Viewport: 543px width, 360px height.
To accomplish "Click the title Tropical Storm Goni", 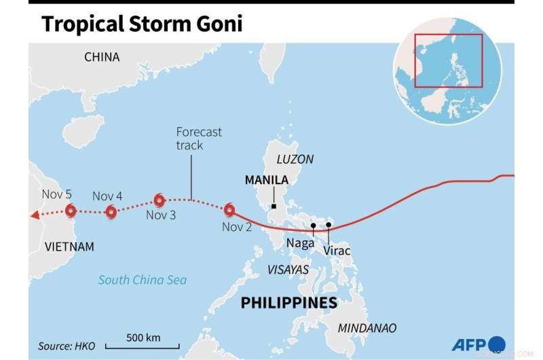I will tap(141, 24).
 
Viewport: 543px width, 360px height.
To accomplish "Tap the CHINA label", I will tap(102, 57).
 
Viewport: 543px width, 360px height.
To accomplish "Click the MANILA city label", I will tap(266, 181).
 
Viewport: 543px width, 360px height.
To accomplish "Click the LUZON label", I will tap(295, 160).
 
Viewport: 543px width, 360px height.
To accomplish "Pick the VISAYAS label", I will tap(288, 270).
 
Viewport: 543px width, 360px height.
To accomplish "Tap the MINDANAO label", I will tap(369, 328).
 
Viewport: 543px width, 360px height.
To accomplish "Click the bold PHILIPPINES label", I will tap(289, 302).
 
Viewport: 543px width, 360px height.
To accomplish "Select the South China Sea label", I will tap(142, 279).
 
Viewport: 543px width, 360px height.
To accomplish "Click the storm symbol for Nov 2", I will tap(229, 210).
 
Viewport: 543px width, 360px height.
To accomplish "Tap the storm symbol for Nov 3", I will tap(159, 200).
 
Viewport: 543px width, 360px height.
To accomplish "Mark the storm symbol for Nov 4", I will tap(111, 212).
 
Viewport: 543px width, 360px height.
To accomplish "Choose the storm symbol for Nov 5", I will tap(69, 211).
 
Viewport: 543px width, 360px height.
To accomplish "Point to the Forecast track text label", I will tap(199, 139).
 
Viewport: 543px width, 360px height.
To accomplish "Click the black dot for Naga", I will tap(314, 226).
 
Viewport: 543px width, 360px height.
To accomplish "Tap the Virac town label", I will tap(337, 251).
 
